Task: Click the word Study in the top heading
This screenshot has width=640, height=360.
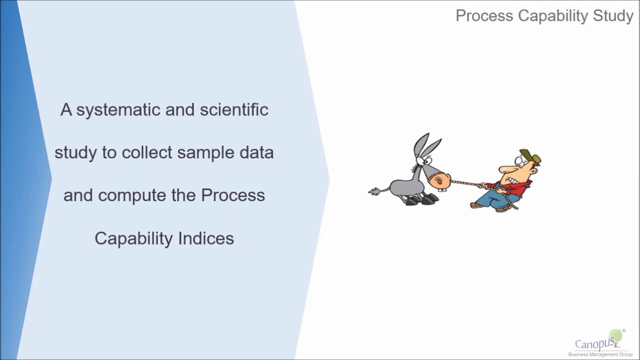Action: point(613,16)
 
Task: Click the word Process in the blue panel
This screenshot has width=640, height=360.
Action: point(233,195)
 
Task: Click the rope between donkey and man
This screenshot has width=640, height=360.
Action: point(464,183)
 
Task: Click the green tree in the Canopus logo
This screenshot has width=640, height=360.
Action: point(616,336)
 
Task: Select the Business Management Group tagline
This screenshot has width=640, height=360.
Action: point(600,354)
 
